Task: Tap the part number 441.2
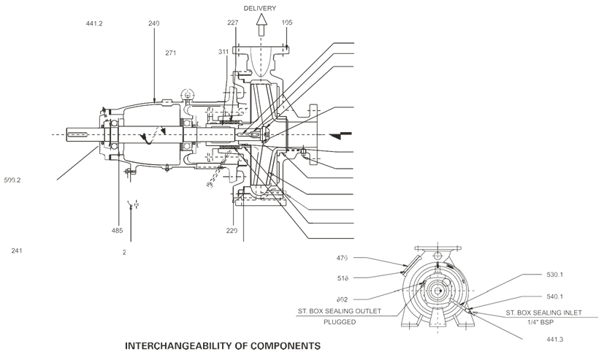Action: click(x=94, y=23)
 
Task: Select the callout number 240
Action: click(x=153, y=23)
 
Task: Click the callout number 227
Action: click(x=232, y=23)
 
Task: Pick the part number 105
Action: click(x=287, y=23)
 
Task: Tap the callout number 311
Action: click(x=224, y=53)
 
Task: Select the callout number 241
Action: click(x=17, y=250)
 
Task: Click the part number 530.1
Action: click(x=556, y=275)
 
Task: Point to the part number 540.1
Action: click(x=556, y=296)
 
